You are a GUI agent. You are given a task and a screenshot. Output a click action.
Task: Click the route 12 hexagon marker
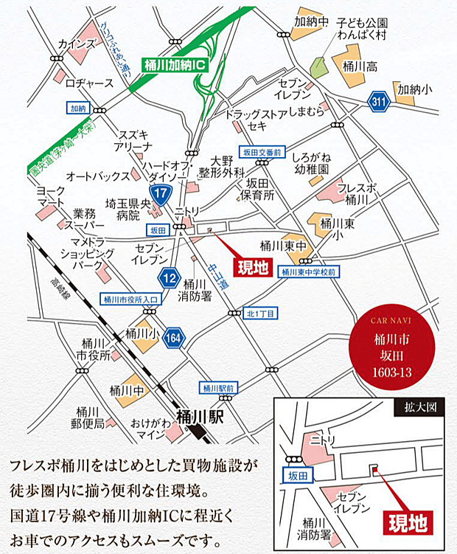tap(169, 277)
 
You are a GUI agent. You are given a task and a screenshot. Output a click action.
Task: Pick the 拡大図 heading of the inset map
tap(425, 406)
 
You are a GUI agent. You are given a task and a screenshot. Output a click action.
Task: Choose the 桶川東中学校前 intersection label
tap(309, 271)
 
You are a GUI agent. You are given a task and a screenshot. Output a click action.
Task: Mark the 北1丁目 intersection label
tap(261, 313)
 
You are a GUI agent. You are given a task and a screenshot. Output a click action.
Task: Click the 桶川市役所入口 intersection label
tap(130, 299)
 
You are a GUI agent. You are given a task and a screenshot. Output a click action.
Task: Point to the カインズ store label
tap(76, 44)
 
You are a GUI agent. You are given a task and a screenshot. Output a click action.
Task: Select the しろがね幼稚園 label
tap(310, 164)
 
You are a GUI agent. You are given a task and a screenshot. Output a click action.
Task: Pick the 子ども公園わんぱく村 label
tap(361, 29)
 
